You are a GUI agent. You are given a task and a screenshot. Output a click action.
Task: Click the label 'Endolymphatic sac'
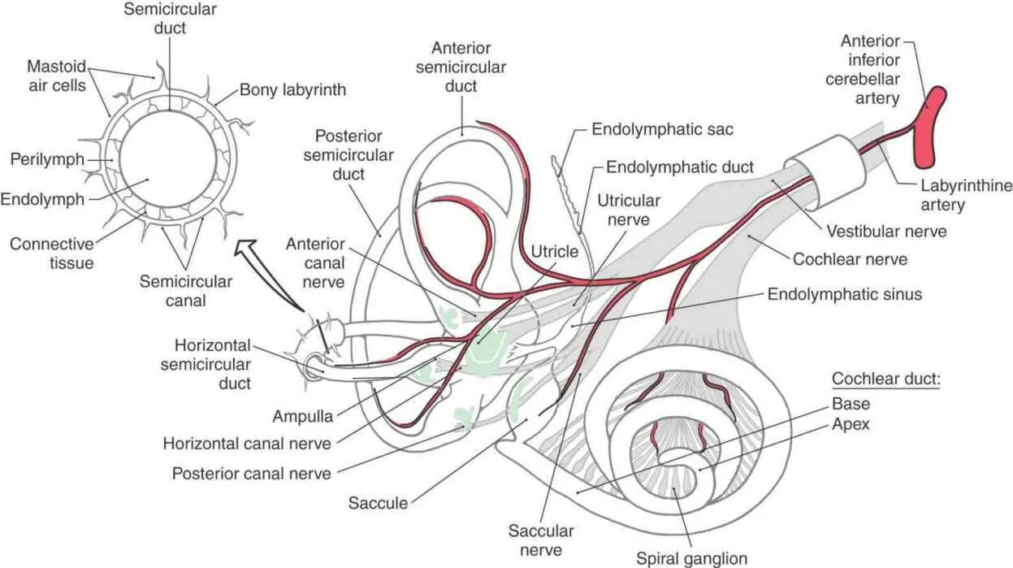click(x=663, y=128)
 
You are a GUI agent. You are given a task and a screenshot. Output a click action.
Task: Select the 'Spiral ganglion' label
click(x=691, y=558)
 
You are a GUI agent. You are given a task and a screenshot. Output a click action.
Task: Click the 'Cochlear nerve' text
click(x=850, y=259)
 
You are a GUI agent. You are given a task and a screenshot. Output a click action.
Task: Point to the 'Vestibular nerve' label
click(x=886, y=231)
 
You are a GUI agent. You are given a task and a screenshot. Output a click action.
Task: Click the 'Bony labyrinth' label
click(x=292, y=90)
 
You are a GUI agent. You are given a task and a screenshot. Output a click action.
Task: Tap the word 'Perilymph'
click(x=47, y=159)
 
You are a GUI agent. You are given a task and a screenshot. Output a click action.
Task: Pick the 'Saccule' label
click(x=378, y=503)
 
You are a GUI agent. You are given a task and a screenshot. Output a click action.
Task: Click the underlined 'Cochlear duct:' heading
click(x=885, y=379)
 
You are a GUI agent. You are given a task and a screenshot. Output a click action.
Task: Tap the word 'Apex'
click(x=851, y=424)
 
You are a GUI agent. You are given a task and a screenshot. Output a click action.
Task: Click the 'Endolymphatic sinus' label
click(x=845, y=294)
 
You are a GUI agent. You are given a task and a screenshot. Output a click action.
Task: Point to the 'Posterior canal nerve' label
click(x=251, y=472)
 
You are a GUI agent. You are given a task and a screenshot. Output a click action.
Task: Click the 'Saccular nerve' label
click(x=541, y=541)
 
